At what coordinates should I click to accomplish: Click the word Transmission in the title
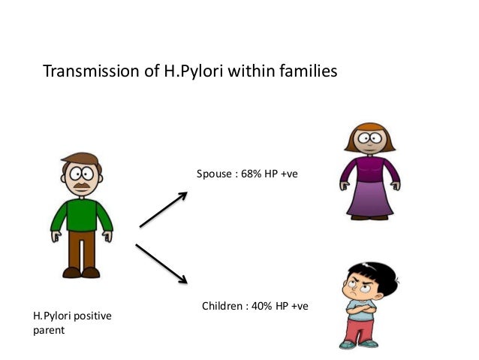coord(91,72)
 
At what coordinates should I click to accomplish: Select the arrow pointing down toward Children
coord(161,263)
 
